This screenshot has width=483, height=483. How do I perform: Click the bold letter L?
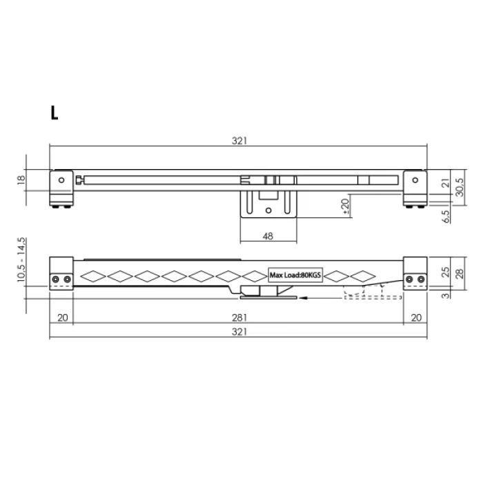click(x=55, y=112)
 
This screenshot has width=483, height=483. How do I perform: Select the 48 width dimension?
click(x=268, y=236)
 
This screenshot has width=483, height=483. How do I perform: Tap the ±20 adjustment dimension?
click(x=345, y=206)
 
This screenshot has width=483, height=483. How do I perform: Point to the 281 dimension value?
click(x=239, y=317)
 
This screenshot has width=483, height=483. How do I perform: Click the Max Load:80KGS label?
click(x=295, y=275)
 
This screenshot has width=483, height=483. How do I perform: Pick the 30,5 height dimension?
click(x=460, y=187)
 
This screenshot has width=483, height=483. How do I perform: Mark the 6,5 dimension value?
click(x=446, y=217)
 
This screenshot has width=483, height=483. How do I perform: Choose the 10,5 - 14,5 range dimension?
click(x=21, y=259)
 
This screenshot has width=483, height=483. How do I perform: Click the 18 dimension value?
click(x=21, y=180)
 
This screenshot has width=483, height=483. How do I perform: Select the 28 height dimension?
click(x=460, y=273)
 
